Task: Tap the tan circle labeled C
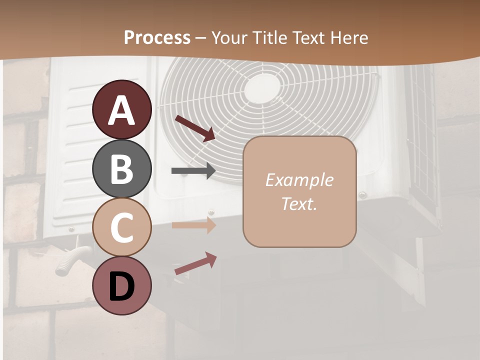click(122, 227)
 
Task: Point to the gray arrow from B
click(193, 171)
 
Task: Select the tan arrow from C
click(193, 225)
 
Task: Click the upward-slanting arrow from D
click(195, 263)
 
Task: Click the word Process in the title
click(157, 37)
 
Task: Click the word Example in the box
click(299, 180)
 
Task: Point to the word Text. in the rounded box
click(299, 204)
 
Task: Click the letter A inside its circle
click(122, 110)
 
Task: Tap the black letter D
click(122, 286)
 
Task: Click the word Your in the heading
click(228, 37)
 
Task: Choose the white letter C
click(122, 227)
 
